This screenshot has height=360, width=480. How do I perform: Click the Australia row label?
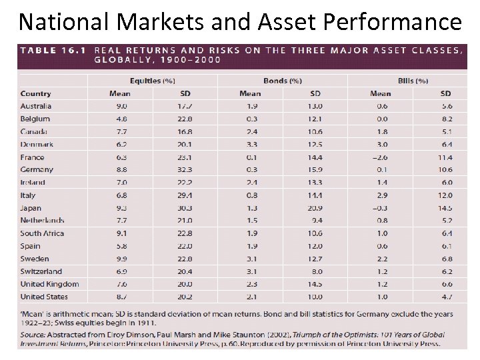tap(36, 106)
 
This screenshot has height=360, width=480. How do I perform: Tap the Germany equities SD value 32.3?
tap(185, 170)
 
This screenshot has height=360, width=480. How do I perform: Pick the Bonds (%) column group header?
tap(283, 81)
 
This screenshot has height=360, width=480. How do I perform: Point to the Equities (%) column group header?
tap(153, 81)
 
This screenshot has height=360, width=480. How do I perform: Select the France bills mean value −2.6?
tap(381, 157)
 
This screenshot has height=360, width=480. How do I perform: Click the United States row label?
tap(44, 297)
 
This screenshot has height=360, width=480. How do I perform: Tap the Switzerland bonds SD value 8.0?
tap(316, 271)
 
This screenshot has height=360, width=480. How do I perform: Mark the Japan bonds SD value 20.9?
tap(316, 208)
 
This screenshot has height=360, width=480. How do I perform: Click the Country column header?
tap(35, 93)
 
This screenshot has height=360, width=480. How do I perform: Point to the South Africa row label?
tap(42, 233)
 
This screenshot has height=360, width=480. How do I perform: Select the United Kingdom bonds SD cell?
tap(316, 284)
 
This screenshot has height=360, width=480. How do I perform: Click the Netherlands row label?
tap(42, 221)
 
